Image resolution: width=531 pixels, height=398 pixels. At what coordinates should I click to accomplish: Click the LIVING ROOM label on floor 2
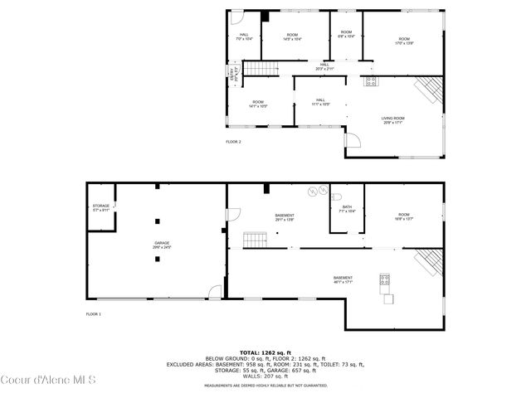(x=392, y=121)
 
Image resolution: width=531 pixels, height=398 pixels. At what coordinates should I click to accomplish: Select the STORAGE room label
(x=101, y=208)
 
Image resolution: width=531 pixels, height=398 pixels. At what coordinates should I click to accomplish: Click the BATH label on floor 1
(x=347, y=209)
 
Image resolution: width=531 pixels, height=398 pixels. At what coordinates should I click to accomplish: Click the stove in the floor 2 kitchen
(x=370, y=81)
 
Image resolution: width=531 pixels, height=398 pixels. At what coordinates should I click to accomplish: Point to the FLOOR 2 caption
(x=234, y=142)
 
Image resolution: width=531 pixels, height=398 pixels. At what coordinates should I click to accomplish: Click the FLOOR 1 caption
(x=94, y=314)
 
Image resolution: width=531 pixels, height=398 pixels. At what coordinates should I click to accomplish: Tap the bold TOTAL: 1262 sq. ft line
(x=265, y=352)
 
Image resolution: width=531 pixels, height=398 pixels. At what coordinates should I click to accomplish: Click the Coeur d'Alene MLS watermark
(x=50, y=381)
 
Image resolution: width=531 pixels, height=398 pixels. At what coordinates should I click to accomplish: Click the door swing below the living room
(x=353, y=144)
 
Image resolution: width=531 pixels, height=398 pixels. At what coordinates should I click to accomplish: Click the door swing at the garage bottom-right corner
(x=216, y=291)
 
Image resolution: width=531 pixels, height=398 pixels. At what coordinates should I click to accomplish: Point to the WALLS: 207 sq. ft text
(x=265, y=376)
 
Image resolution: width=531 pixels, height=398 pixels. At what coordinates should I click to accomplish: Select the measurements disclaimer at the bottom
(x=265, y=386)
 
